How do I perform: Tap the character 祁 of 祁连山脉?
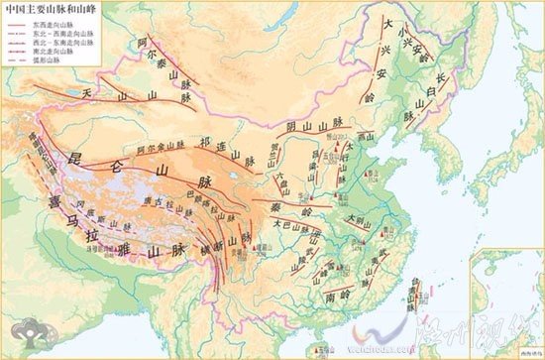coord(206,143)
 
